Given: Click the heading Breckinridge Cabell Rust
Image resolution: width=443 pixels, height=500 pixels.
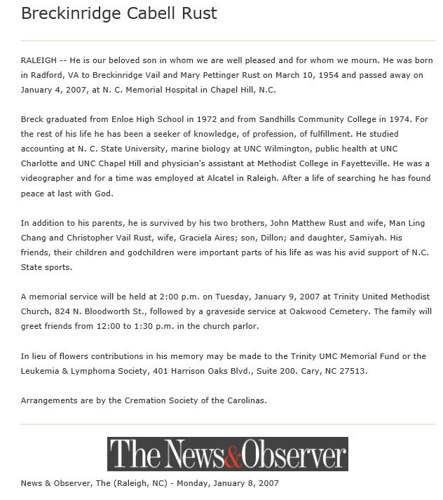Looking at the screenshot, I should tap(119, 13).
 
